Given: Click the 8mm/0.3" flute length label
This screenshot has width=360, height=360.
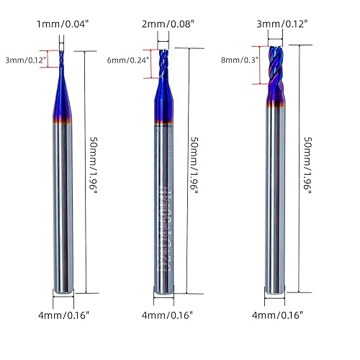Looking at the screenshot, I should click(240, 61).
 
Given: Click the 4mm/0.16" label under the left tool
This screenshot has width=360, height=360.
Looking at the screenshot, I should click(64, 315).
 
